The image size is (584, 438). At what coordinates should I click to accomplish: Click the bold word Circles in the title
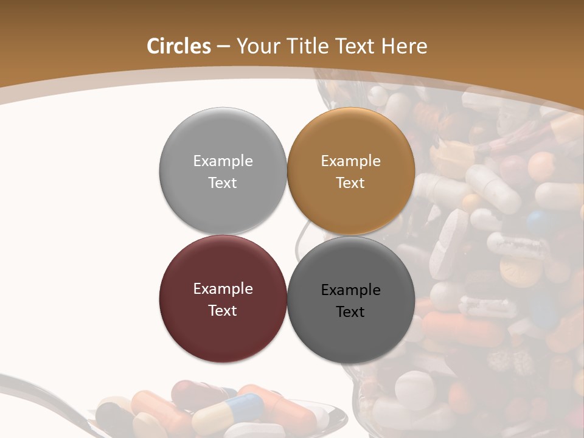pyautogui.click(x=179, y=46)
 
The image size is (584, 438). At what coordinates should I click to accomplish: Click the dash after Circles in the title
pyautogui.click(x=223, y=47)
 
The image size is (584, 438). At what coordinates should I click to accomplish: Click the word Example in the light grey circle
pyautogui.click(x=223, y=161)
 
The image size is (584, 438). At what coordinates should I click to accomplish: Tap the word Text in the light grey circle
pyautogui.click(x=223, y=182)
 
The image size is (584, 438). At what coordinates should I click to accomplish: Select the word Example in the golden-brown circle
pyautogui.click(x=350, y=161)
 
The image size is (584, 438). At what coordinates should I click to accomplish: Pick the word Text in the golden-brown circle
pyautogui.click(x=350, y=182)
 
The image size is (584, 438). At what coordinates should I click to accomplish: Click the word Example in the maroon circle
pyautogui.click(x=223, y=288)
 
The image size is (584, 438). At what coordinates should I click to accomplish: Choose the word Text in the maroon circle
pyautogui.click(x=223, y=310)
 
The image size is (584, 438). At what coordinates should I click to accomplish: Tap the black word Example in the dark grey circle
pyautogui.click(x=350, y=290)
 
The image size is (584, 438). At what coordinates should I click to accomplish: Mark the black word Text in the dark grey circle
pyautogui.click(x=350, y=311)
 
